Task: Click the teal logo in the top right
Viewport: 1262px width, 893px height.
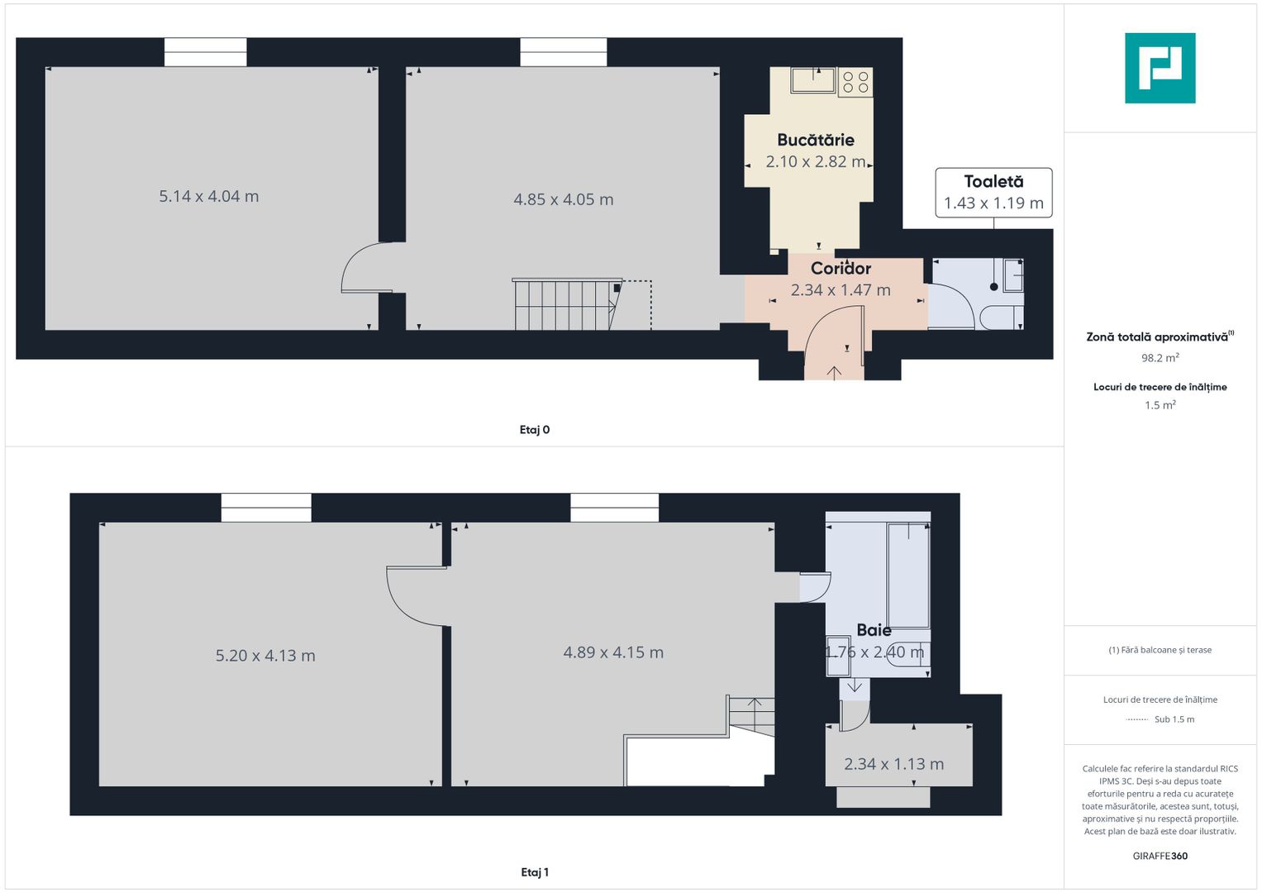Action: point(1160,68)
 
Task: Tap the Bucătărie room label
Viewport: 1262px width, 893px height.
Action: point(815,140)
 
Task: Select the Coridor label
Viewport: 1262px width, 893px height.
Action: point(841,268)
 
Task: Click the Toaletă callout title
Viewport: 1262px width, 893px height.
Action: point(993,181)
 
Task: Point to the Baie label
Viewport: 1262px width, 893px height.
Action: point(874,630)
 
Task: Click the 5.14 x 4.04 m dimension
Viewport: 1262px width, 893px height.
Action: point(209,196)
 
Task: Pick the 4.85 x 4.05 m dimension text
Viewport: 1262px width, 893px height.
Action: point(563,199)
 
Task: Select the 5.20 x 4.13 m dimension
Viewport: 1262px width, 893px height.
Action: point(265,656)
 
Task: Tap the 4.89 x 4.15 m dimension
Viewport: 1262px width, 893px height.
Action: point(613,652)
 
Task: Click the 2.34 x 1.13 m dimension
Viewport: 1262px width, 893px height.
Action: point(893,764)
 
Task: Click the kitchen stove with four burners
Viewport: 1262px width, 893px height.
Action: point(855,82)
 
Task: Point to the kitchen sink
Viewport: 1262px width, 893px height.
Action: point(813,80)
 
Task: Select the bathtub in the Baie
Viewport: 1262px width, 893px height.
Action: point(908,575)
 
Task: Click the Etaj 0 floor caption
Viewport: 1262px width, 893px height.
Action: point(535,430)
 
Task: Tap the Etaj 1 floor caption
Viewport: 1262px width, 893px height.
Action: point(535,872)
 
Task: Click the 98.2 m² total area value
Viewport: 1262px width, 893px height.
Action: point(1160,358)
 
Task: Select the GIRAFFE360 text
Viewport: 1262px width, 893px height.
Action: point(1160,856)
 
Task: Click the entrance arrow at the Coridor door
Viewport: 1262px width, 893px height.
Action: point(835,373)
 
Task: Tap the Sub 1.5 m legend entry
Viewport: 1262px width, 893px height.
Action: point(1174,719)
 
